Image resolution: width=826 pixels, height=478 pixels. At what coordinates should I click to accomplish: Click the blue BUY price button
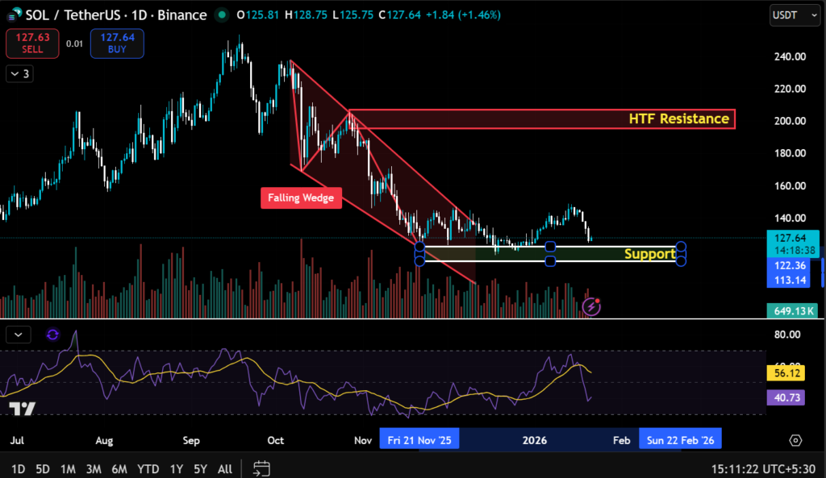point(117,44)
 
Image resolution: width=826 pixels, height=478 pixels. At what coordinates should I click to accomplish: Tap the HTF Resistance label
point(678,119)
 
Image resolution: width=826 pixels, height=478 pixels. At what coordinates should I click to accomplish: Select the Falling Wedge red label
point(301,197)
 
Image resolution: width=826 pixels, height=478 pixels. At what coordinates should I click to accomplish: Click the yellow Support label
point(649,254)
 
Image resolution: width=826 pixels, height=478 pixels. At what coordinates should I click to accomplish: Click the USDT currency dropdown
point(790,15)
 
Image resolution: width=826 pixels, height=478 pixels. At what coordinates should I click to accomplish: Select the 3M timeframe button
point(94,468)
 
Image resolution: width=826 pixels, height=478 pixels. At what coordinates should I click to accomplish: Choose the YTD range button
point(148,468)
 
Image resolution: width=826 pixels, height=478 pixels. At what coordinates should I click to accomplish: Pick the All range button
point(225,468)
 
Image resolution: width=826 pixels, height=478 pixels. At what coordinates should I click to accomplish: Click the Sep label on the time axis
point(190,441)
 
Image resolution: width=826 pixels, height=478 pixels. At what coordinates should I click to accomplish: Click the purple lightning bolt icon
point(591,306)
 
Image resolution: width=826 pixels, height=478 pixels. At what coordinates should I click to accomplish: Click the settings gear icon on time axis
point(796,440)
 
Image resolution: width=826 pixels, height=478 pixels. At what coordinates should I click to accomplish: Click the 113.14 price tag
point(791,281)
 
